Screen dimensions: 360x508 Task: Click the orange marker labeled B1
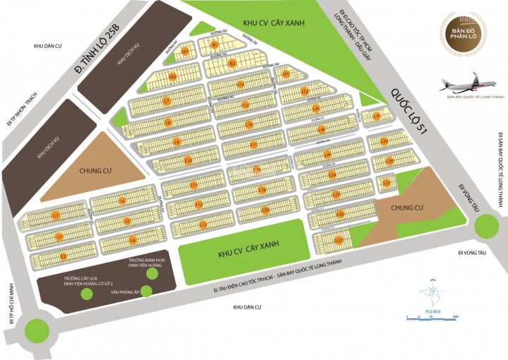pos(214,45)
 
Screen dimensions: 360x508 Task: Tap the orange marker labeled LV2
pos(172,76)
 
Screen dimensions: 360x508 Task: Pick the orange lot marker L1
pos(56,214)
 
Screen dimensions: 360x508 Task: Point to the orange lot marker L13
pos(203,225)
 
